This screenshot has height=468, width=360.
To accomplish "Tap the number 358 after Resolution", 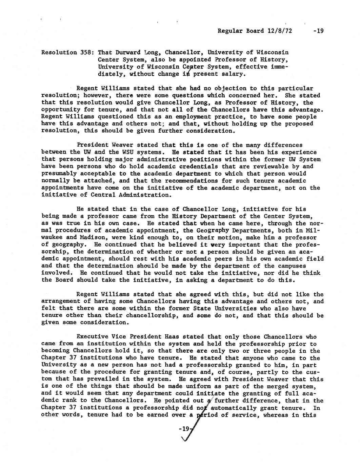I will (85, 53).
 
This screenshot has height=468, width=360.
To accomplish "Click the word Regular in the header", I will (229, 31).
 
